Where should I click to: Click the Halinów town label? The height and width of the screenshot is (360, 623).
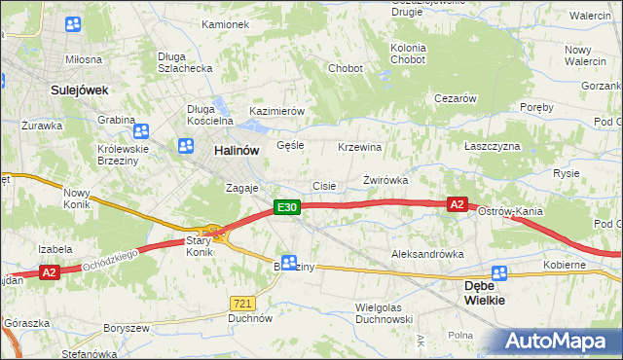(236, 150)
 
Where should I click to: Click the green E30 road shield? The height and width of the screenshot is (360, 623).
(285, 206)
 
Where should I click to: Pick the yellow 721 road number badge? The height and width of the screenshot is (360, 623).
(243, 305)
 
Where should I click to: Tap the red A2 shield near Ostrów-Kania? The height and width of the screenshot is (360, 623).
(458, 203)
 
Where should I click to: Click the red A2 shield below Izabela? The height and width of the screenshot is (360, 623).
(50, 273)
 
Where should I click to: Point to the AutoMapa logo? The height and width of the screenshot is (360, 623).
(558, 342)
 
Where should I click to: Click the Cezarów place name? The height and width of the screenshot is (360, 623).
(455, 98)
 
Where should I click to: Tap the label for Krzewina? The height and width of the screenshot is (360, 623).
(359, 147)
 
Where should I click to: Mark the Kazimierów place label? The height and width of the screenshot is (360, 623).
(277, 111)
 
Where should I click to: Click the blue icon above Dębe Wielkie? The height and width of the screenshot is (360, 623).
(499, 274)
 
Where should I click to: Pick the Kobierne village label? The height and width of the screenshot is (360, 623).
(565, 264)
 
